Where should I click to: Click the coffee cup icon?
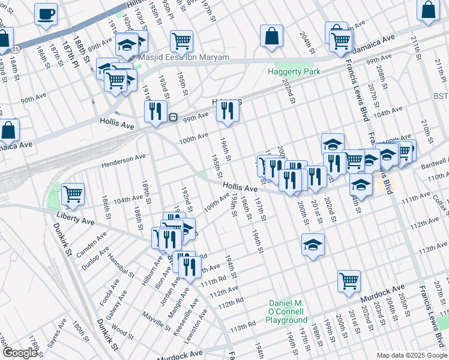(46, 14)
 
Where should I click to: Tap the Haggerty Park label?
(294, 72)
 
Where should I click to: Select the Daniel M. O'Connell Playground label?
(287, 311)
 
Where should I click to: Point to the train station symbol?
(173, 117)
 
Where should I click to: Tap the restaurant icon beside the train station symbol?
(155, 111)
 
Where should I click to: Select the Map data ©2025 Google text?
(412, 355)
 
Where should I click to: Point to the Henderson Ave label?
(124, 160)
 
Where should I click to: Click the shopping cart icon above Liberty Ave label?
(73, 194)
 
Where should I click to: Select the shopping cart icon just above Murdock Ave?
(349, 281)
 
